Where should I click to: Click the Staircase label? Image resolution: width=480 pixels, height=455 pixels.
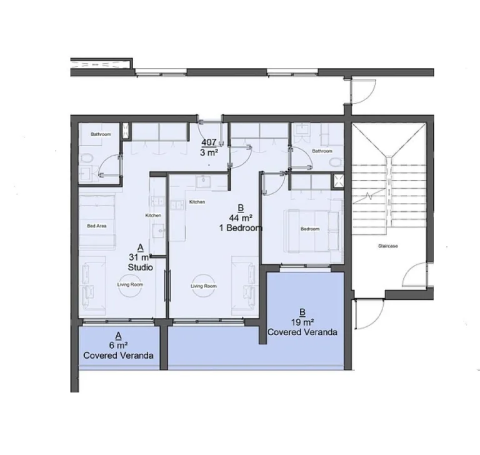(388, 246)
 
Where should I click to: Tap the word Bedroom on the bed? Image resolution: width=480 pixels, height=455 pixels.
(310, 229)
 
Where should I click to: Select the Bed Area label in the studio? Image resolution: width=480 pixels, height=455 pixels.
(95, 225)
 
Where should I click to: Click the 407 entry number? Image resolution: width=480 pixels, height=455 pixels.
(209, 142)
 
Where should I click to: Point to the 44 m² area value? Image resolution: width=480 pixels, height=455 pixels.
(241, 218)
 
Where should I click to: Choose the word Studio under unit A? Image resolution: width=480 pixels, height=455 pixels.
(140, 267)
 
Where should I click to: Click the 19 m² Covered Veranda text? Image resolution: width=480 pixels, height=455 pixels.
(302, 332)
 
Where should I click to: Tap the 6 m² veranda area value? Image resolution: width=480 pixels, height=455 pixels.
(118, 345)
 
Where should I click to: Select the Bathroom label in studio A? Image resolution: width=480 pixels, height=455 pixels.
(101, 134)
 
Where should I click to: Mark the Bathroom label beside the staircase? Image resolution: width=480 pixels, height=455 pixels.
(322, 151)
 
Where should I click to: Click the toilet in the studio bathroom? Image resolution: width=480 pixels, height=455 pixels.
(87, 159)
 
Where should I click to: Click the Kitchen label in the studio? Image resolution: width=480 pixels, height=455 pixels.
(153, 216)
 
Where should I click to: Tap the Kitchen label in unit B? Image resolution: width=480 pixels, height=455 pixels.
(197, 202)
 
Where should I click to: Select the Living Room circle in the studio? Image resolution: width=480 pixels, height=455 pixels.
(130, 284)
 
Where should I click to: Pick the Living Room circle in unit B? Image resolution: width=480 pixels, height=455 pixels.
(204, 285)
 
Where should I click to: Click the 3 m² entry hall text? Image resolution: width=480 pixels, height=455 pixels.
(209, 151)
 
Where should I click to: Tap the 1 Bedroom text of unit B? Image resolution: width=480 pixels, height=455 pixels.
(241, 228)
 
